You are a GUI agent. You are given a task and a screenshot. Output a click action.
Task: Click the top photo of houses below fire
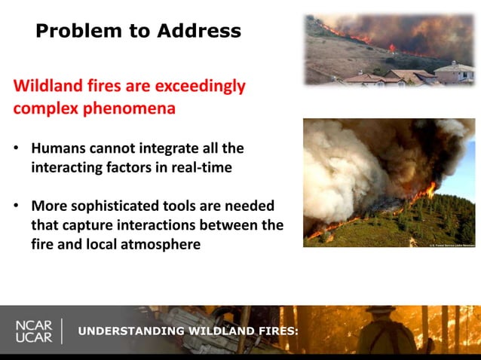point(389,50)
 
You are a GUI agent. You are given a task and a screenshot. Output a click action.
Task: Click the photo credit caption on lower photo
point(452,245)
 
